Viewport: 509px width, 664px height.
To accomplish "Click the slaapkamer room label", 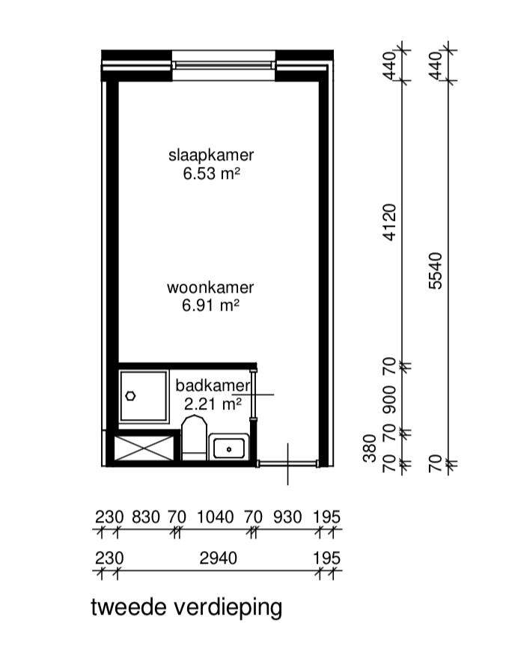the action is click(x=211, y=155).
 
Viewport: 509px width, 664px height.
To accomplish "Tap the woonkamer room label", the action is click(x=210, y=287).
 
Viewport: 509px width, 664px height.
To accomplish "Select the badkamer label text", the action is click(x=213, y=386).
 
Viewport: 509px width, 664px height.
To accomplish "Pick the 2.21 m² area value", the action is click(x=213, y=403).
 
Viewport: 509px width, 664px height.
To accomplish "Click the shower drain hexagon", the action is click(x=130, y=396).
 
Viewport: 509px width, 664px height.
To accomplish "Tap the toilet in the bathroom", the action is click(x=194, y=438).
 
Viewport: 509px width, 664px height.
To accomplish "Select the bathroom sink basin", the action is click(x=228, y=448).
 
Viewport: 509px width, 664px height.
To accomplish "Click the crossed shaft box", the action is click(x=144, y=448).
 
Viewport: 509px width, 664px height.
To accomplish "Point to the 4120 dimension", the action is click(x=389, y=222).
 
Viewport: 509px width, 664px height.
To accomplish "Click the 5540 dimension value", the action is click(x=436, y=270).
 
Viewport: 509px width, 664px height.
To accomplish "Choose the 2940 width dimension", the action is click(x=218, y=558).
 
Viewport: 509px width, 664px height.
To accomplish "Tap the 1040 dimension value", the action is click(x=215, y=517).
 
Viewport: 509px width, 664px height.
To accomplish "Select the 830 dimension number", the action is click(x=146, y=517).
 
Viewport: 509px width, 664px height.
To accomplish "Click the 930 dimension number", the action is click(x=287, y=517).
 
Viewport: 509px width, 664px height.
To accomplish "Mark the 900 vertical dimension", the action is click(x=389, y=399).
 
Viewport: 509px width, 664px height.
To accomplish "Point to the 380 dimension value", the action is click(x=370, y=448).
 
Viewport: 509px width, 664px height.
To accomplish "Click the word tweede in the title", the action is click(x=129, y=607).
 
